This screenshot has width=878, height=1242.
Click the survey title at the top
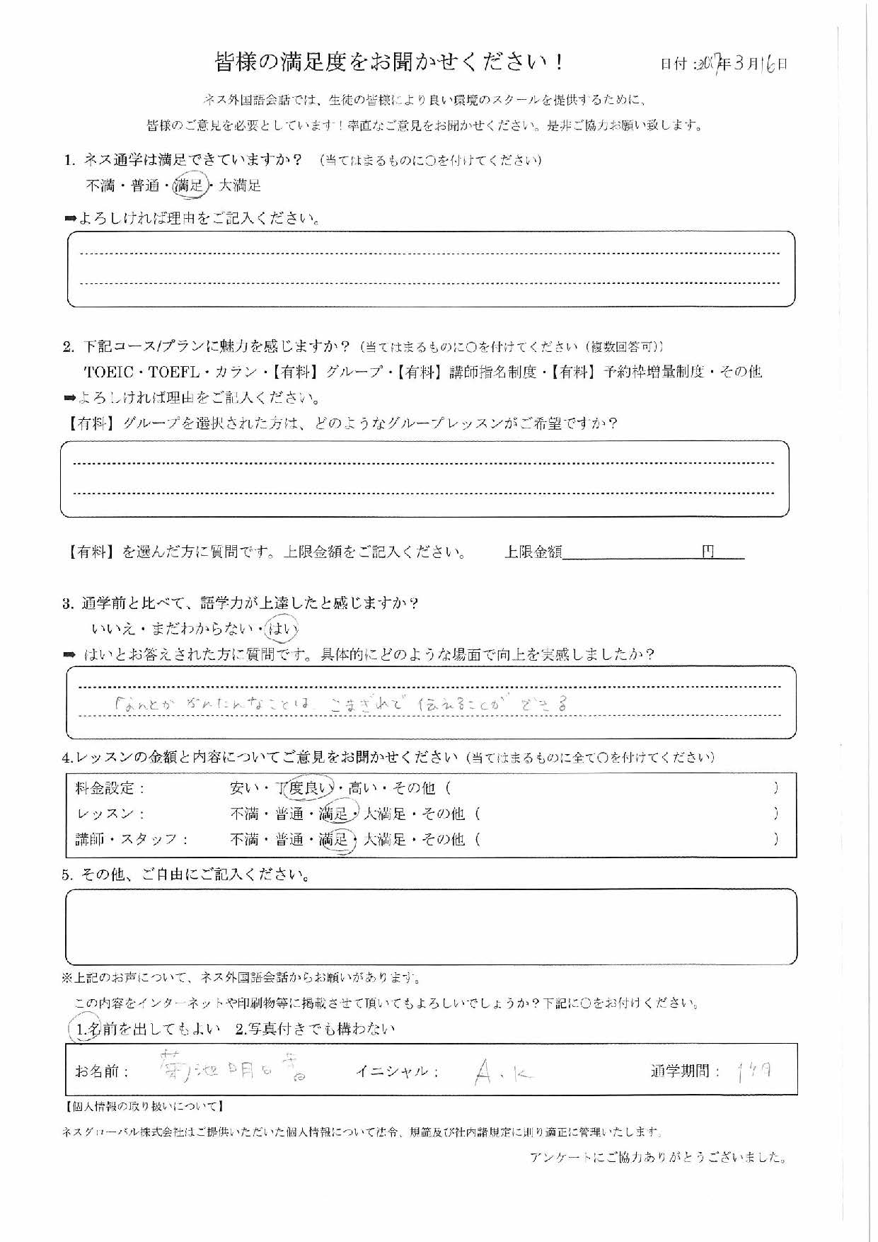(389, 62)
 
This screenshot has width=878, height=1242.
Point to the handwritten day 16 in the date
(769, 64)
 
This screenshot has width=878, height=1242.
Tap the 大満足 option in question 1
(240, 186)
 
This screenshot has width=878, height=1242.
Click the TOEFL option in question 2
(174, 372)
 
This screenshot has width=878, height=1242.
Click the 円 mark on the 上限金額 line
(707, 552)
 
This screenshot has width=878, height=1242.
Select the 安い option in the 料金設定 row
(245, 787)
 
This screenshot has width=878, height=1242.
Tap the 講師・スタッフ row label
(132, 840)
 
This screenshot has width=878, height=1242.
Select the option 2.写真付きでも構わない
(316, 1030)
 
